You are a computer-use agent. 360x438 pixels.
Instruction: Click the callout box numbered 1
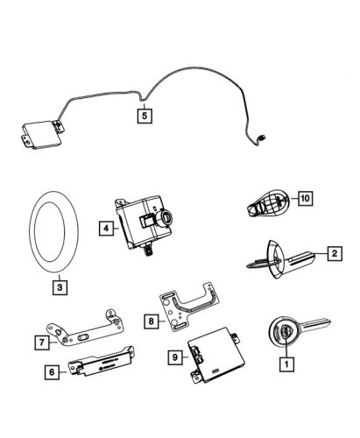point(283,385)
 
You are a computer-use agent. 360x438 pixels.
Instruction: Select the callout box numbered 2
point(333,254)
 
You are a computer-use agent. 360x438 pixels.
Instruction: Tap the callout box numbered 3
point(58,285)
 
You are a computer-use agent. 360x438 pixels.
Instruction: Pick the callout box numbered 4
point(106,229)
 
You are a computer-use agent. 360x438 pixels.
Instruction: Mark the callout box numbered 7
point(40,341)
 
